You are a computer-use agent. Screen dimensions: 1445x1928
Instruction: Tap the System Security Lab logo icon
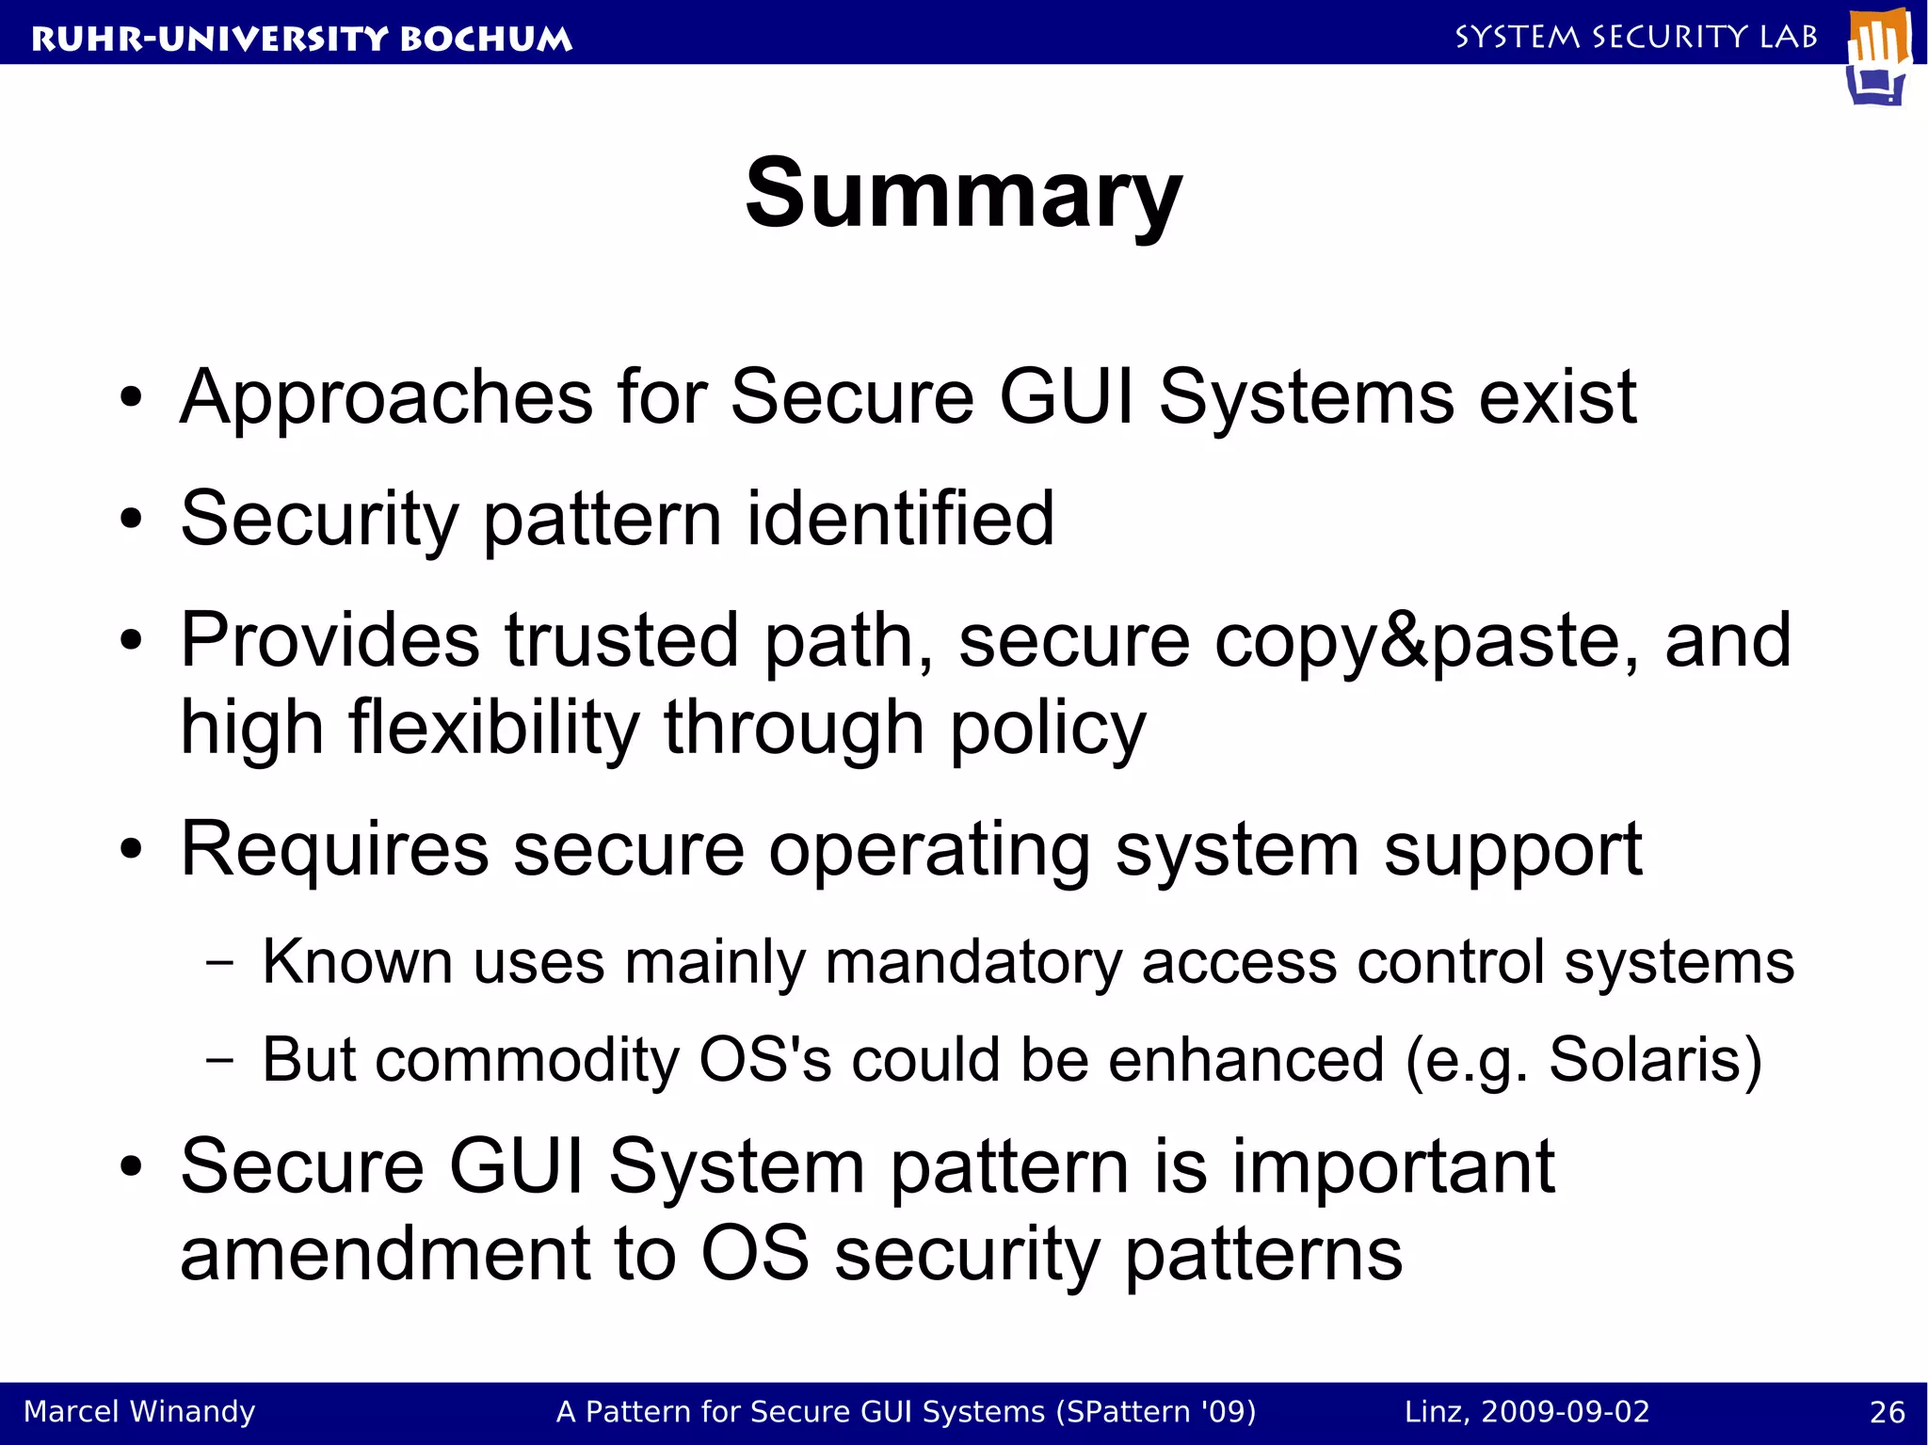[x=1878, y=56]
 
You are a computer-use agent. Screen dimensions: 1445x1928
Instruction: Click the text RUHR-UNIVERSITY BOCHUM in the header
[x=301, y=39]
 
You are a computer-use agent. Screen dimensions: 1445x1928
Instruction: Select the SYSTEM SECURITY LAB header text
[x=1636, y=37]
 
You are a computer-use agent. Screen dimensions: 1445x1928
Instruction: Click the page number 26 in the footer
[x=1887, y=1412]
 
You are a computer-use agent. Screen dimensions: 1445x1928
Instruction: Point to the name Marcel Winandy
[x=139, y=1412]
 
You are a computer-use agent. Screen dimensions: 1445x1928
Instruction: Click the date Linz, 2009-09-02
[x=1527, y=1412]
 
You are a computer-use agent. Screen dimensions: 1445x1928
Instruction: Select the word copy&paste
[x=1426, y=642]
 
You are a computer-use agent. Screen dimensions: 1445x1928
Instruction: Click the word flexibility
[x=494, y=728]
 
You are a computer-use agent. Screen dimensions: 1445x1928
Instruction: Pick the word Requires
[x=334, y=849]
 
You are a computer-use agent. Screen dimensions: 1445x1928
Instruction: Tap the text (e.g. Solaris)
[x=1583, y=1061]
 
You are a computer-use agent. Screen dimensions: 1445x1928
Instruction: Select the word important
[x=1393, y=1167]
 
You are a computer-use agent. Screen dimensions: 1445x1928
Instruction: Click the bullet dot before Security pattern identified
[x=131, y=519]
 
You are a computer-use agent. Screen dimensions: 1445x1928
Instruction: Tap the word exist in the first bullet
[x=1557, y=397]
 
